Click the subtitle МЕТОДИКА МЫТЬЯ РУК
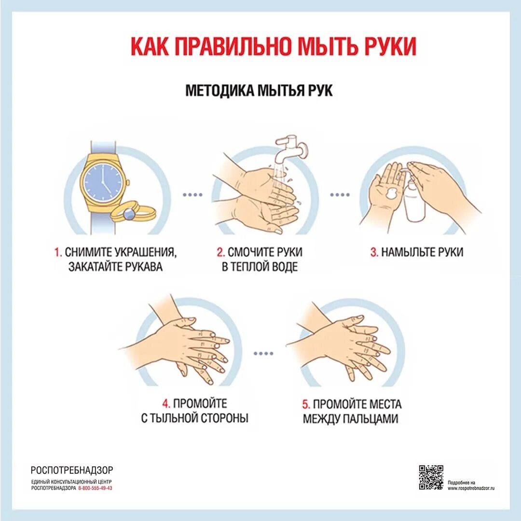tap(259, 91)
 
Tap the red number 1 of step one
tap(57, 252)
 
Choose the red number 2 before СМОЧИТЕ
tap(220, 252)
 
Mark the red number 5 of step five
tap(305, 404)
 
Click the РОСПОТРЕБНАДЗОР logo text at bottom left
tap(72, 470)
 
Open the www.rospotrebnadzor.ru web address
tap(471, 488)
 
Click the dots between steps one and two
tap(192, 195)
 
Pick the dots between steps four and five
tap(263, 353)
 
